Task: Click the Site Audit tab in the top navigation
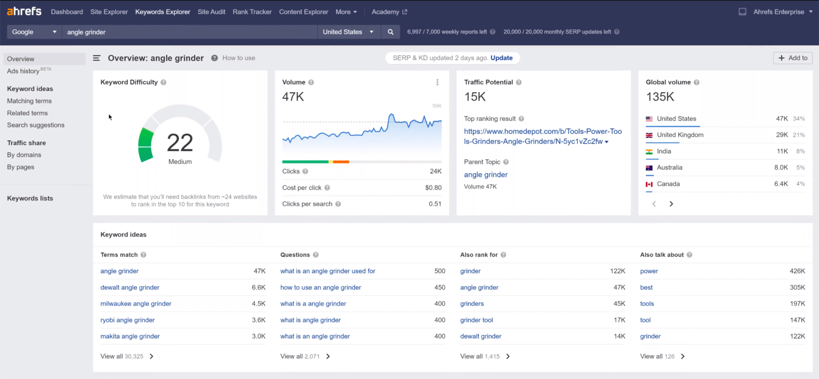pyautogui.click(x=211, y=12)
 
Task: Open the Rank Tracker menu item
pyautogui.click(x=252, y=12)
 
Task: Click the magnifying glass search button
pyautogui.click(x=390, y=32)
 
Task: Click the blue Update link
pyautogui.click(x=501, y=58)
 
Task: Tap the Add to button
pyautogui.click(x=793, y=58)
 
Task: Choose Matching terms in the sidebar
pyautogui.click(x=29, y=101)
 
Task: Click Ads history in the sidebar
pyautogui.click(x=23, y=71)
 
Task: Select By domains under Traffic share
pyautogui.click(x=24, y=155)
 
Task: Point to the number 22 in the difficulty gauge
pyautogui.click(x=180, y=143)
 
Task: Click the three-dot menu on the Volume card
pyautogui.click(x=437, y=82)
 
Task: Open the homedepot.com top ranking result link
pyautogui.click(x=543, y=136)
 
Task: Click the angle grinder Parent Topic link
pyautogui.click(x=486, y=174)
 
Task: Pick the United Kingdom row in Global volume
pyautogui.click(x=680, y=135)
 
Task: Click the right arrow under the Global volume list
pyautogui.click(x=671, y=204)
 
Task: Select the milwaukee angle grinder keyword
pyautogui.click(x=136, y=304)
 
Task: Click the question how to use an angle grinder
pyautogui.click(x=321, y=287)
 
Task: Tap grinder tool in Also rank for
pyautogui.click(x=476, y=320)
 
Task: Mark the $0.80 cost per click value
pyautogui.click(x=433, y=188)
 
